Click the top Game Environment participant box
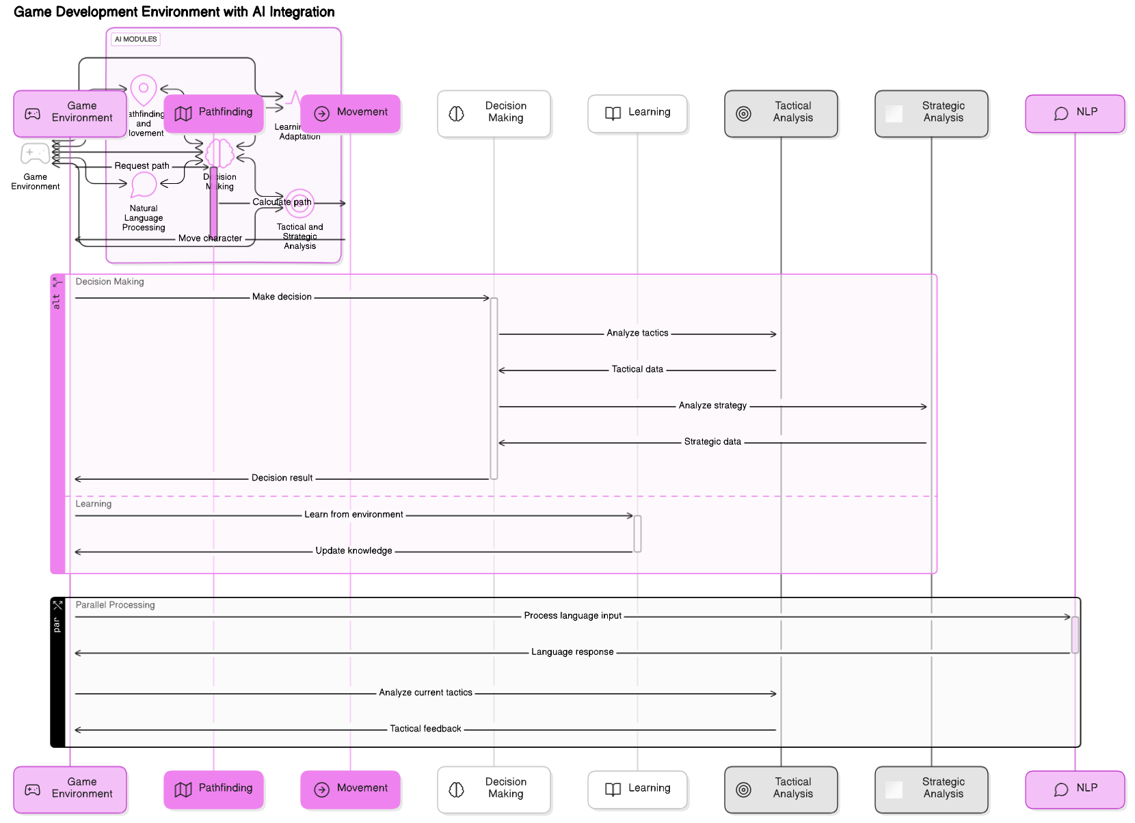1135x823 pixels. click(x=70, y=113)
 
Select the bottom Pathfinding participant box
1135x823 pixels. click(x=214, y=790)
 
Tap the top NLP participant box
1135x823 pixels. click(x=1075, y=113)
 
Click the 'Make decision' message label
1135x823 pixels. click(x=282, y=297)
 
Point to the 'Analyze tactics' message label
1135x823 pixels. click(x=637, y=333)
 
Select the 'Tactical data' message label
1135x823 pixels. click(x=637, y=369)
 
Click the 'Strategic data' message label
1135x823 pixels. click(x=712, y=442)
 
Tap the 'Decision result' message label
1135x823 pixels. click(x=282, y=478)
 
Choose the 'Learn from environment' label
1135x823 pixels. click(x=353, y=514)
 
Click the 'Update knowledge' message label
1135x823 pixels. click(x=353, y=550)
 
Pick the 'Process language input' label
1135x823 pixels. click(x=572, y=615)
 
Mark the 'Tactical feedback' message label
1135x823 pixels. click(x=425, y=729)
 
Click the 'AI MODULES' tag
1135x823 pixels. click(x=135, y=39)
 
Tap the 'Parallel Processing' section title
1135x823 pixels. click(x=115, y=605)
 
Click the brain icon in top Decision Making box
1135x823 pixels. click(x=457, y=114)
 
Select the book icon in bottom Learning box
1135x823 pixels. click(x=613, y=790)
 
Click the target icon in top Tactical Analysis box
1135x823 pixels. click(x=744, y=114)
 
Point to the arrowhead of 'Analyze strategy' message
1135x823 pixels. click(x=924, y=407)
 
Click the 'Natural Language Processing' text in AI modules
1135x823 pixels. click(x=144, y=218)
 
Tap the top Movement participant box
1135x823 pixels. click(x=351, y=113)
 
